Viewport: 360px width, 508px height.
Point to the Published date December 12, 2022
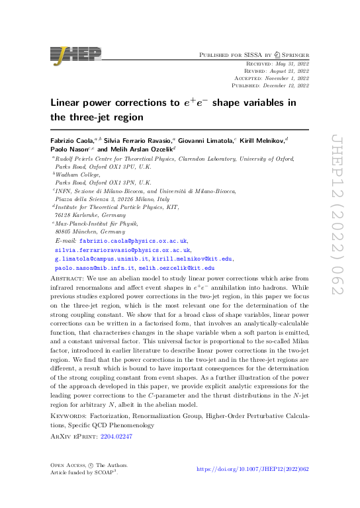tap(284, 85)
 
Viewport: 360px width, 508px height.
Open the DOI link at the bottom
tap(253, 469)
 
